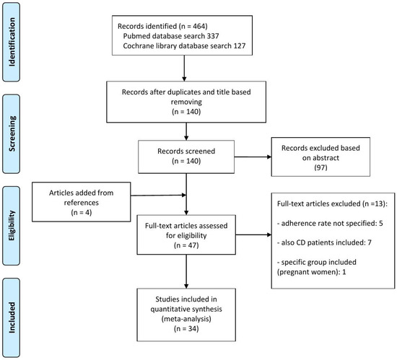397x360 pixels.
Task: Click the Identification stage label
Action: pos(12,42)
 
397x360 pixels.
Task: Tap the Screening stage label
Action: pos(12,134)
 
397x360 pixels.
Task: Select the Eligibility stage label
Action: pos(12,226)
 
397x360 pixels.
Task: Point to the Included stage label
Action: pos(12,317)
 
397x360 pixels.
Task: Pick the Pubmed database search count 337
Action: pos(213,36)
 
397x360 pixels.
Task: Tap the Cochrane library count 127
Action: pos(240,45)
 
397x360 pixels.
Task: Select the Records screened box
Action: pos(186,157)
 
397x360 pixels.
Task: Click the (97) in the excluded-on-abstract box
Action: pos(320,167)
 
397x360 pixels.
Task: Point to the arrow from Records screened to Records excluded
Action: pos(253,157)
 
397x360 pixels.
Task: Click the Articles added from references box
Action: pos(82,202)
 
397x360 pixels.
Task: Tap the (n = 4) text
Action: pos(82,212)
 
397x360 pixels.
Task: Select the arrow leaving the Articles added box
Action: pos(159,195)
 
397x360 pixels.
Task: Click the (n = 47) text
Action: pos(186,245)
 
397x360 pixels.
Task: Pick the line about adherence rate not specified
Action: pos(330,223)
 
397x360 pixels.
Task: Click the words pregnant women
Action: pos(308,272)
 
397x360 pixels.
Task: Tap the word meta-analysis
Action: pos(186,318)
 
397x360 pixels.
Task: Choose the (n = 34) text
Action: pos(186,328)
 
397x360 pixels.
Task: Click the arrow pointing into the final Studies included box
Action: pos(186,271)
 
